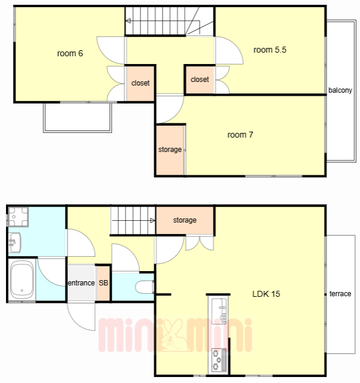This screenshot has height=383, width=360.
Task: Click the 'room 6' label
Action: pyautogui.click(x=70, y=53)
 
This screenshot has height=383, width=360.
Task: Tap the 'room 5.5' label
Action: pyautogui.click(x=270, y=50)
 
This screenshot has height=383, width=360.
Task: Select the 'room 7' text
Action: pyautogui.click(x=240, y=135)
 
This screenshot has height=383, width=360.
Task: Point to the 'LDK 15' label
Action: pyautogui.click(x=266, y=294)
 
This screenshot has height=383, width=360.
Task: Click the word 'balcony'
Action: pyautogui.click(x=340, y=90)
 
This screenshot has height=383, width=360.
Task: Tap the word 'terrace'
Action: pyautogui.click(x=340, y=294)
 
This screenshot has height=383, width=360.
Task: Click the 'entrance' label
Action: pyautogui.click(x=81, y=283)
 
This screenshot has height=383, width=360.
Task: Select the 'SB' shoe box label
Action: pyautogui.click(x=103, y=283)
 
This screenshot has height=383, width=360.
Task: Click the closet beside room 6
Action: pyautogui.click(x=141, y=83)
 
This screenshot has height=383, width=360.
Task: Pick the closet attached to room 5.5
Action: pyautogui.click(x=200, y=80)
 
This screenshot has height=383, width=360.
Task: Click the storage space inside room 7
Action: pyautogui.click(x=170, y=150)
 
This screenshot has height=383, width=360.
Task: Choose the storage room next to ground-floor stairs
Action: pyautogui.click(x=185, y=220)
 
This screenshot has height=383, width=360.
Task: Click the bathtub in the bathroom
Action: pyautogui.click(x=22, y=279)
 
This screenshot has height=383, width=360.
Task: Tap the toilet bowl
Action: pyautogui.click(x=144, y=287)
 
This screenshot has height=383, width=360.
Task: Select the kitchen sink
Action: pyautogui.click(x=219, y=311)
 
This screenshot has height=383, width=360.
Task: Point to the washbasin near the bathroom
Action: pyautogui.click(x=14, y=242)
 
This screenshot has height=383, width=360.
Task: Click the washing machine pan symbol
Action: pyautogui.click(x=19, y=217)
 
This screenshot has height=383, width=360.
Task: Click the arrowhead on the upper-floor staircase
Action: pyautogui.click(x=128, y=21)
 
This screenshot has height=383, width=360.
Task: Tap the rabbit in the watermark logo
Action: pyautogui.click(x=175, y=335)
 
